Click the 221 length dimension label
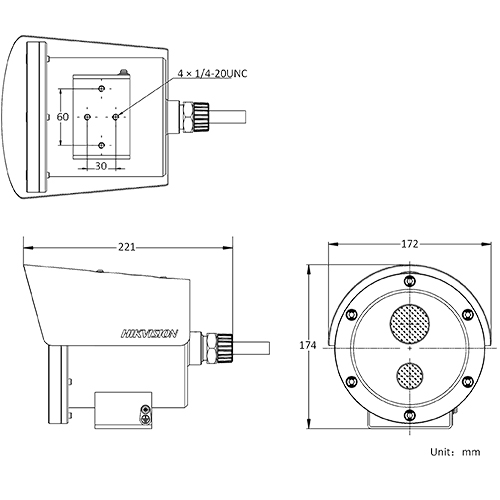pos(127,246)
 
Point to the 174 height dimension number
pos(308,345)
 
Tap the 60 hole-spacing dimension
pos(62,117)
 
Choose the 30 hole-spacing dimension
pos(102,165)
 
